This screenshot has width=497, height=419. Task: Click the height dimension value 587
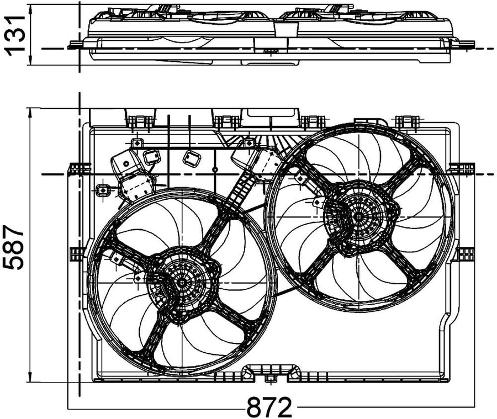point(14,247)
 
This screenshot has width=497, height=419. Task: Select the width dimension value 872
point(269,407)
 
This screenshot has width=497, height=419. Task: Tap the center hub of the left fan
point(182,283)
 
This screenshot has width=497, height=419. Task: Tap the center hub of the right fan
point(358,217)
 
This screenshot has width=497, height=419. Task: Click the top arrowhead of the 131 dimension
point(30,9)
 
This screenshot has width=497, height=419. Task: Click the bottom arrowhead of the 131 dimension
point(30,60)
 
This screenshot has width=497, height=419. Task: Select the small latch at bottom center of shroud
point(269,378)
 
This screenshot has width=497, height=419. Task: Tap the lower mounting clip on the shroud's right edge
point(466,253)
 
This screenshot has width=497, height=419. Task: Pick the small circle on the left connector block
point(126,163)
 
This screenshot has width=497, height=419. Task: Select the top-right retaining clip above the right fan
point(408,121)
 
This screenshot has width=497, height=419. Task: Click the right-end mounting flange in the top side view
point(463,44)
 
